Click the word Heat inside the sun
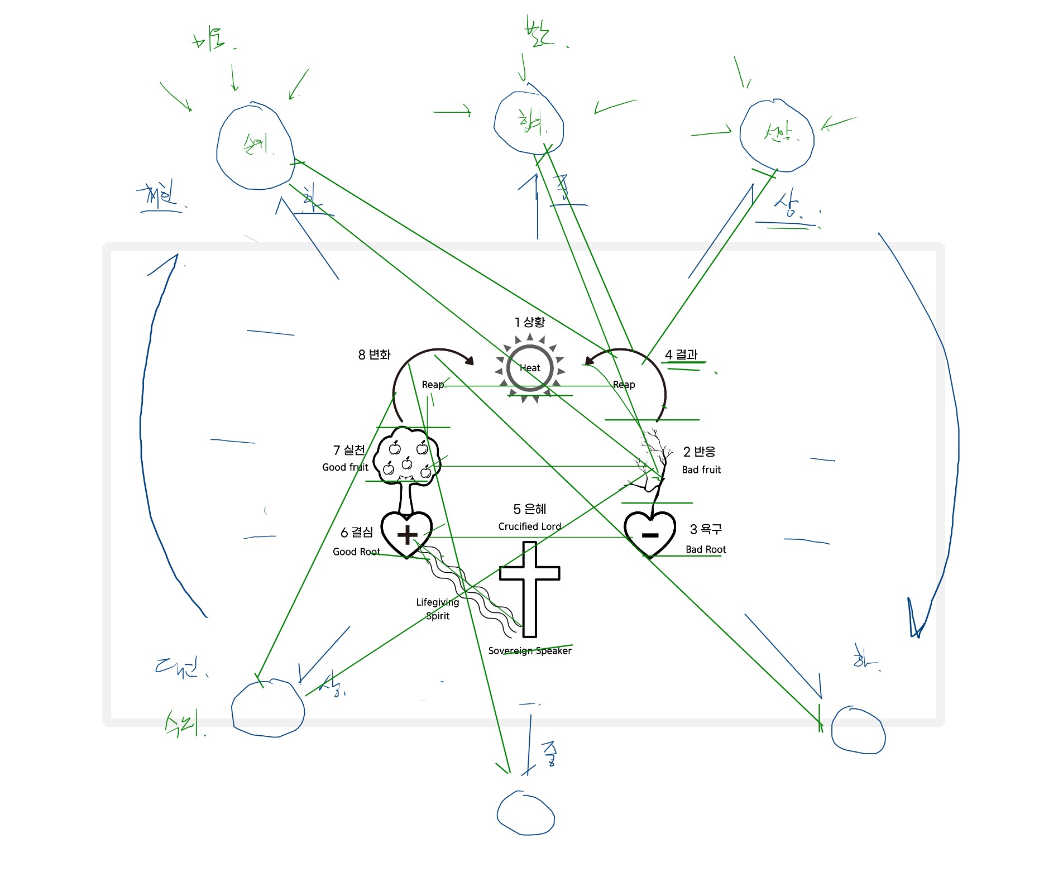[x=529, y=368]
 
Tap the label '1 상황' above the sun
[x=529, y=322]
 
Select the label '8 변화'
[x=374, y=354]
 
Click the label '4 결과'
[x=681, y=354]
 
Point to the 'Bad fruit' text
[x=701, y=469]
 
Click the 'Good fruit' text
[x=345, y=467]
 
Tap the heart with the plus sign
[x=406, y=534]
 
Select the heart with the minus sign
[x=649, y=534]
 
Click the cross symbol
[x=529, y=586]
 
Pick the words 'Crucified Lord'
[x=529, y=526]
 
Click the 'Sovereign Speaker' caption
[x=529, y=651]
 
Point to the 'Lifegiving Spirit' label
[x=437, y=609]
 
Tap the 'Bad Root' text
[x=706, y=549]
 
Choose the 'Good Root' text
[x=356, y=552]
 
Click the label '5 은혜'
[x=529, y=509]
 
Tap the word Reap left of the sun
[x=433, y=385]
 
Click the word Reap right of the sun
[x=624, y=385]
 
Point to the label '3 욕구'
[x=706, y=529]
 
